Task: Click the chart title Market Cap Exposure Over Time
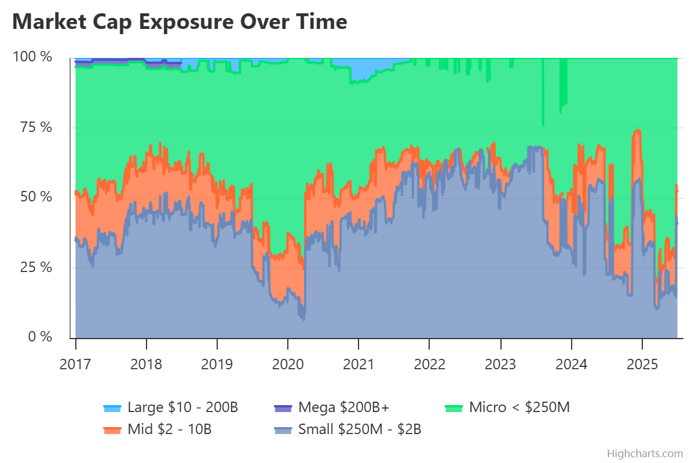(x=180, y=22)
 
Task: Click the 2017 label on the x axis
(x=76, y=364)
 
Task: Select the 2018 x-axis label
(x=147, y=364)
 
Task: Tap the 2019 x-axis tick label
(x=217, y=364)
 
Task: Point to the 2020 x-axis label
(x=288, y=364)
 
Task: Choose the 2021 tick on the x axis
(x=359, y=364)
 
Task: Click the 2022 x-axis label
(x=429, y=364)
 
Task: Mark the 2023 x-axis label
(x=500, y=364)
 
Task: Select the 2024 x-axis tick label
(x=571, y=364)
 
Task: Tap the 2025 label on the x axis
(x=642, y=364)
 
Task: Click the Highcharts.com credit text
(x=645, y=453)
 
